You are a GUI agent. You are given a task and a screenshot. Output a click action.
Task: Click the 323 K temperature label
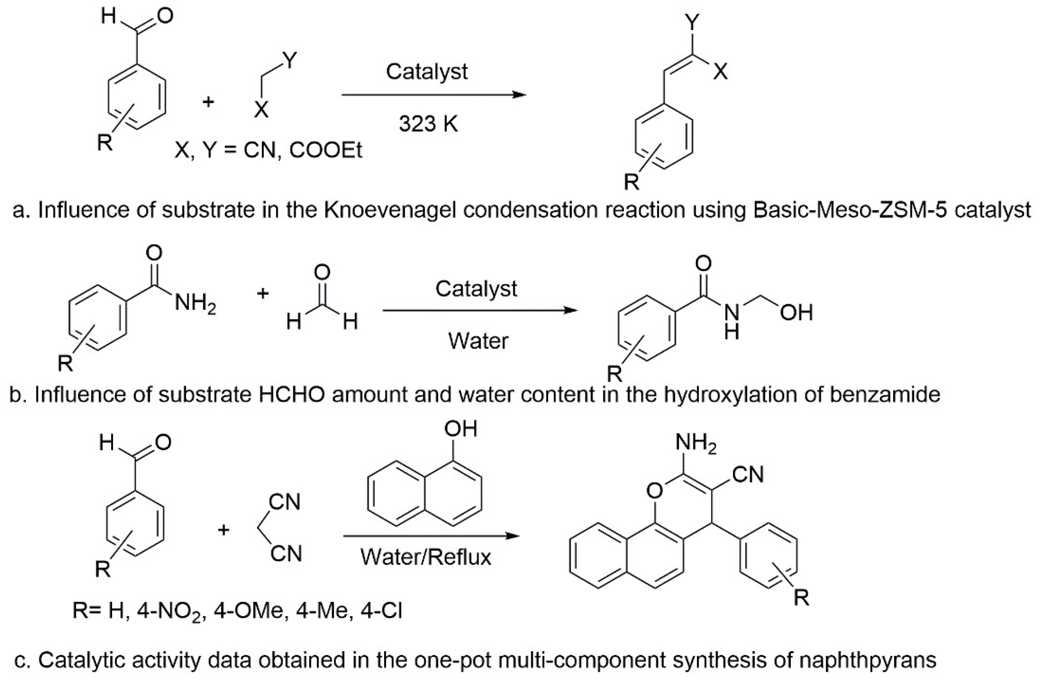point(428,124)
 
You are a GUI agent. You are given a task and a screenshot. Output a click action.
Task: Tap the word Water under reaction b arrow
point(478,341)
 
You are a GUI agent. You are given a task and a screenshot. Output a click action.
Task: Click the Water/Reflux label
point(425,557)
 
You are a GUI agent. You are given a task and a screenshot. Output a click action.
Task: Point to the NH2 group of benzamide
point(195,303)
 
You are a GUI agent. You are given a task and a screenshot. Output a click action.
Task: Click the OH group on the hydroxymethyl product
point(796,313)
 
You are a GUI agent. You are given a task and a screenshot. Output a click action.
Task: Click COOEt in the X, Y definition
point(326,151)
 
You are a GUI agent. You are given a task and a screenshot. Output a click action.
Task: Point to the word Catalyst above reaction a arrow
point(427,72)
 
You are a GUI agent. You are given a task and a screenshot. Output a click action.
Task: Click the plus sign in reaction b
point(262,294)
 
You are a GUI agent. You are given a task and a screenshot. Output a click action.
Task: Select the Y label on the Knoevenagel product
point(692,22)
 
